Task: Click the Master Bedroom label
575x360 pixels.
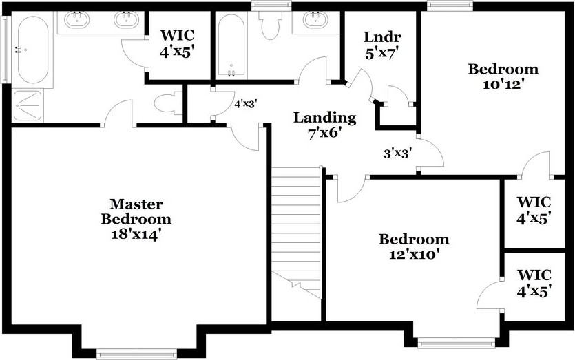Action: [x=136, y=219]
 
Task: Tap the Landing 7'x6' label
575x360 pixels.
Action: [x=325, y=125]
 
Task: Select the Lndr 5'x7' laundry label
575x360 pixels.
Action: [x=382, y=43]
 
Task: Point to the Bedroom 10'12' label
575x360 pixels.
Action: [x=503, y=76]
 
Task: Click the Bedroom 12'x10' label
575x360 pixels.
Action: [x=414, y=246]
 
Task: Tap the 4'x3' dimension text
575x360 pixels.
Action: [x=245, y=105]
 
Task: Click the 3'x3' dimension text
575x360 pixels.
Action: [x=397, y=154]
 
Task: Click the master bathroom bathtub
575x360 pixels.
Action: [x=32, y=49]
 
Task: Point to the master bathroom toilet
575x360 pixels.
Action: [x=166, y=104]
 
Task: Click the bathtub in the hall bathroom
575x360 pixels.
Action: [x=231, y=45]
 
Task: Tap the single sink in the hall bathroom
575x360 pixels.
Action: [x=315, y=19]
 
